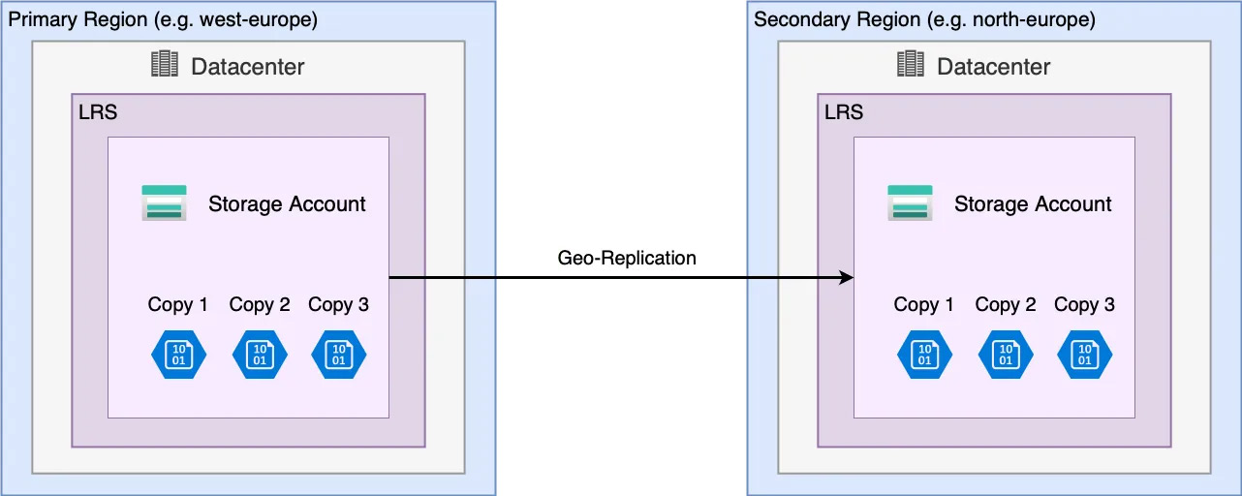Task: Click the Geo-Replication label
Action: [x=627, y=258]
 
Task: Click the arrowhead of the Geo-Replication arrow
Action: [x=847, y=279]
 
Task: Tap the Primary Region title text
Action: [x=163, y=19]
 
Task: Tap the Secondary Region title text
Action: [x=924, y=19]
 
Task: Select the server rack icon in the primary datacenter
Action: [x=166, y=65]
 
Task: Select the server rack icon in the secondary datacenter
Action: [x=911, y=65]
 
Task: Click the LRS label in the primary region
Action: [x=98, y=112]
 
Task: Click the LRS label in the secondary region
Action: [x=844, y=112]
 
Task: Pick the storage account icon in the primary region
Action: [x=164, y=203]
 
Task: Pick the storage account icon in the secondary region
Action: [x=910, y=203]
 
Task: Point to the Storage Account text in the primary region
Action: [x=287, y=204]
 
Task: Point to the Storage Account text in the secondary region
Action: [x=1033, y=204]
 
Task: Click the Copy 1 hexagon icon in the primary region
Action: [x=178, y=354]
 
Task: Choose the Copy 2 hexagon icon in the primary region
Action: [x=260, y=354]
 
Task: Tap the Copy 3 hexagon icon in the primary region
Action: [x=339, y=354]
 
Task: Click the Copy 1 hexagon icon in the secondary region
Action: [x=924, y=354]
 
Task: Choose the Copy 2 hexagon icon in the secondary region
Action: [x=1006, y=354]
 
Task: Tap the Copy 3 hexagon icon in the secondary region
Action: [x=1085, y=354]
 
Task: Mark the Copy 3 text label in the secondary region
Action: [x=1084, y=305]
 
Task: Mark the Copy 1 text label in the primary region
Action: [x=177, y=305]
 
